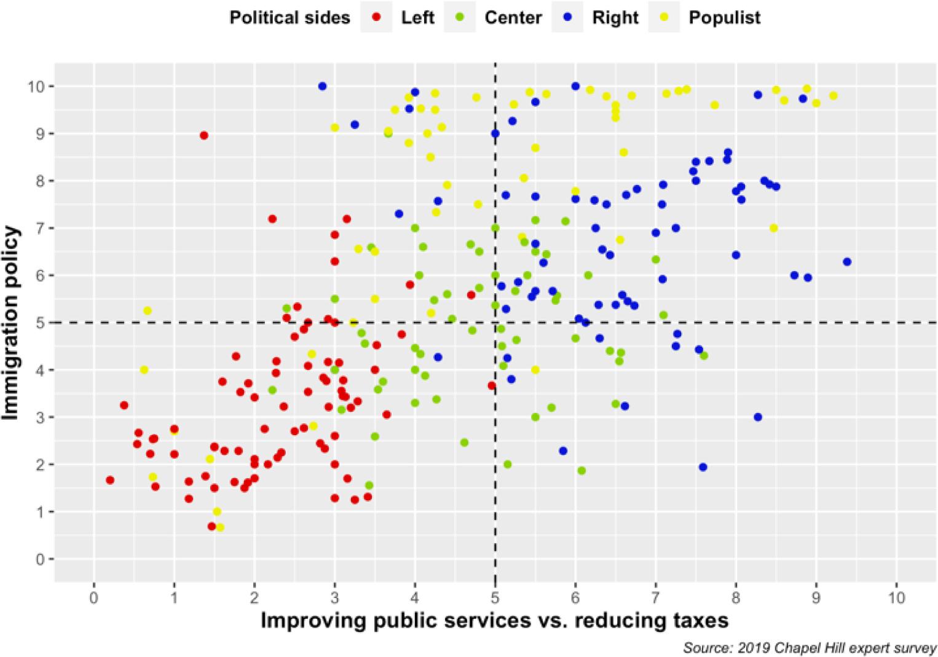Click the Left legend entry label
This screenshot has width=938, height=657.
point(417,17)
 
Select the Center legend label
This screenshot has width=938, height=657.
point(513,17)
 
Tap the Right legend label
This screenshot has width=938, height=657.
point(615,17)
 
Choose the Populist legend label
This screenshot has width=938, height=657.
point(724,17)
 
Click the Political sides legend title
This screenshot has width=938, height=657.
point(290,17)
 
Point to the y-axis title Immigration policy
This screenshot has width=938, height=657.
point(12,323)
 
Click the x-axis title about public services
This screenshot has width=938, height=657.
point(495,620)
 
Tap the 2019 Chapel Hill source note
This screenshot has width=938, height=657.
point(809,647)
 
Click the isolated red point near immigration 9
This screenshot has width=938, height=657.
point(204,135)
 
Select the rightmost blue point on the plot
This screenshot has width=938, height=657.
point(847,262)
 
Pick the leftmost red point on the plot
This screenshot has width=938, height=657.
point(110,480)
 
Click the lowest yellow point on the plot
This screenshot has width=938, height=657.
point(220,527)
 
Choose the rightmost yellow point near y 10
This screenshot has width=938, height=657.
point(833,96)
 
